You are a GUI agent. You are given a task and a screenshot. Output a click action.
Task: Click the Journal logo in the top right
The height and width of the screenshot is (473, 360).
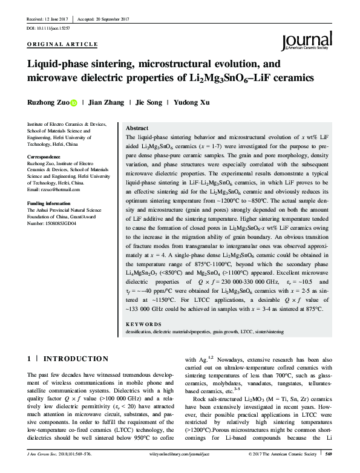308,41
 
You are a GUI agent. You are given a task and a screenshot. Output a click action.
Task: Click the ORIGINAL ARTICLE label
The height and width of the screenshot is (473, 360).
63,45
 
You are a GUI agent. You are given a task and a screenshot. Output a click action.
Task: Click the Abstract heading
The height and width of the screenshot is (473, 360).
136,129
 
